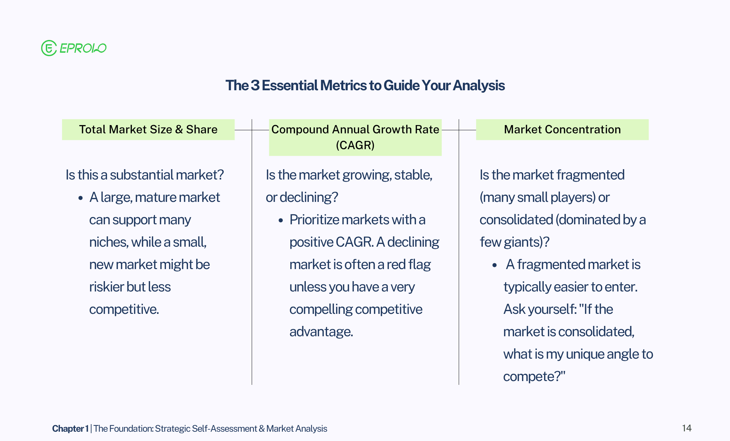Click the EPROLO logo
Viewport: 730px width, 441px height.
74,48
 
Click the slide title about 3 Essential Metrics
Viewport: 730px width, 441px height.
365,85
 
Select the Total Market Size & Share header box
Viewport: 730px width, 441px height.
148,130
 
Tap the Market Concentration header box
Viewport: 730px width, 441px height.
562,130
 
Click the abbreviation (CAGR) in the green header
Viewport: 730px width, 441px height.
355,145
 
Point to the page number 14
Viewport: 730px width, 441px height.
687,428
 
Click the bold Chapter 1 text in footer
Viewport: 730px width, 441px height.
70,429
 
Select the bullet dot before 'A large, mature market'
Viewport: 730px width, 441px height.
81,198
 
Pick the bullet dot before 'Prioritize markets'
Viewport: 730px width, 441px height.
281,220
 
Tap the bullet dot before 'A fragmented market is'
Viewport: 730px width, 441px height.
495,265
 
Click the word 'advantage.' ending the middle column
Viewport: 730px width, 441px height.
321,331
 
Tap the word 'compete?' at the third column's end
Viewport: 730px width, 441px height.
534,377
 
